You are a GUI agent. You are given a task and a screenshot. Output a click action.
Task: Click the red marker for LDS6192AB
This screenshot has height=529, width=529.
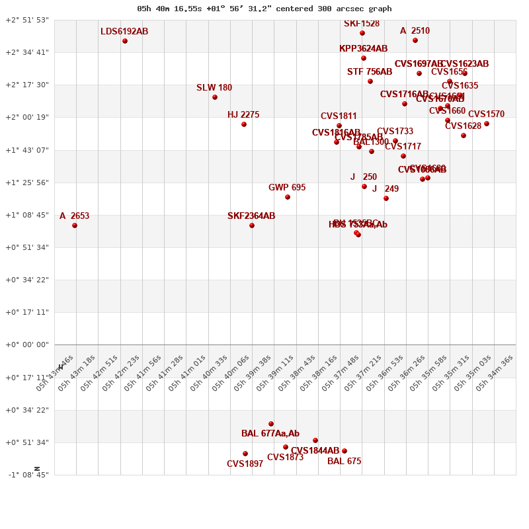(x=125, y=41)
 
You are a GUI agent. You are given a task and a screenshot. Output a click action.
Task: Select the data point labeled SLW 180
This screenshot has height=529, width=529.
(x=215, y=97)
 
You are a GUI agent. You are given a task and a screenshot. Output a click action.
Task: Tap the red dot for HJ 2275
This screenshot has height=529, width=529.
(x=244, y=124)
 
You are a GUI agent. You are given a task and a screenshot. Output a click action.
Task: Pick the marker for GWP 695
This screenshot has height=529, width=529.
(x=288, y=197)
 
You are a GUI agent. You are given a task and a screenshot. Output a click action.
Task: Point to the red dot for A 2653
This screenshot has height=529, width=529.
(x=75, y=225)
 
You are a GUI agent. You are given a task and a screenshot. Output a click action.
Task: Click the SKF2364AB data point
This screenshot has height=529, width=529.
(x=252, y=225)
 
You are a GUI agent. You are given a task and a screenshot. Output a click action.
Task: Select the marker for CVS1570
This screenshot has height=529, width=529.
(x=487, y=124)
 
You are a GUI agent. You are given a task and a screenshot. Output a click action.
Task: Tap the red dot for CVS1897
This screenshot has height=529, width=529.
(x=245, y=454)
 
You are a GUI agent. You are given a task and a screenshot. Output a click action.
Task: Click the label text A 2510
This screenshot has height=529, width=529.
(x=415, y=31)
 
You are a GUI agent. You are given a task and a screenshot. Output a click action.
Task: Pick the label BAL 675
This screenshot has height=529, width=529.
(x=344, y=462)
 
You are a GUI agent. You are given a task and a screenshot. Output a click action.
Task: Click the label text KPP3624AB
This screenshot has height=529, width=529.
(x=363, y=49)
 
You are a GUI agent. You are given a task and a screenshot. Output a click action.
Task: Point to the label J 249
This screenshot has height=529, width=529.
(x=385, y=189)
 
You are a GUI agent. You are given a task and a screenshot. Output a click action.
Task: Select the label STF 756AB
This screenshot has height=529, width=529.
(x=370, y=72)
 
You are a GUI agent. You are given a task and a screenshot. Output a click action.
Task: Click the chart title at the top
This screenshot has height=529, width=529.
(x=264, y=9)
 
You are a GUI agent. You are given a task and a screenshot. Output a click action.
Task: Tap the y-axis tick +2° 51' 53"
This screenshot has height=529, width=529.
(x=27, y=20)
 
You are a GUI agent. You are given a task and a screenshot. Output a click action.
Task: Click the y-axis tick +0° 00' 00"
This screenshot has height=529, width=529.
(x=27, y=345)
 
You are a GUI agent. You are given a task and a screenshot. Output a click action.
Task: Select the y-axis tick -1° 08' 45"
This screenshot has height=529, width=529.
(x=27, y=475)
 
